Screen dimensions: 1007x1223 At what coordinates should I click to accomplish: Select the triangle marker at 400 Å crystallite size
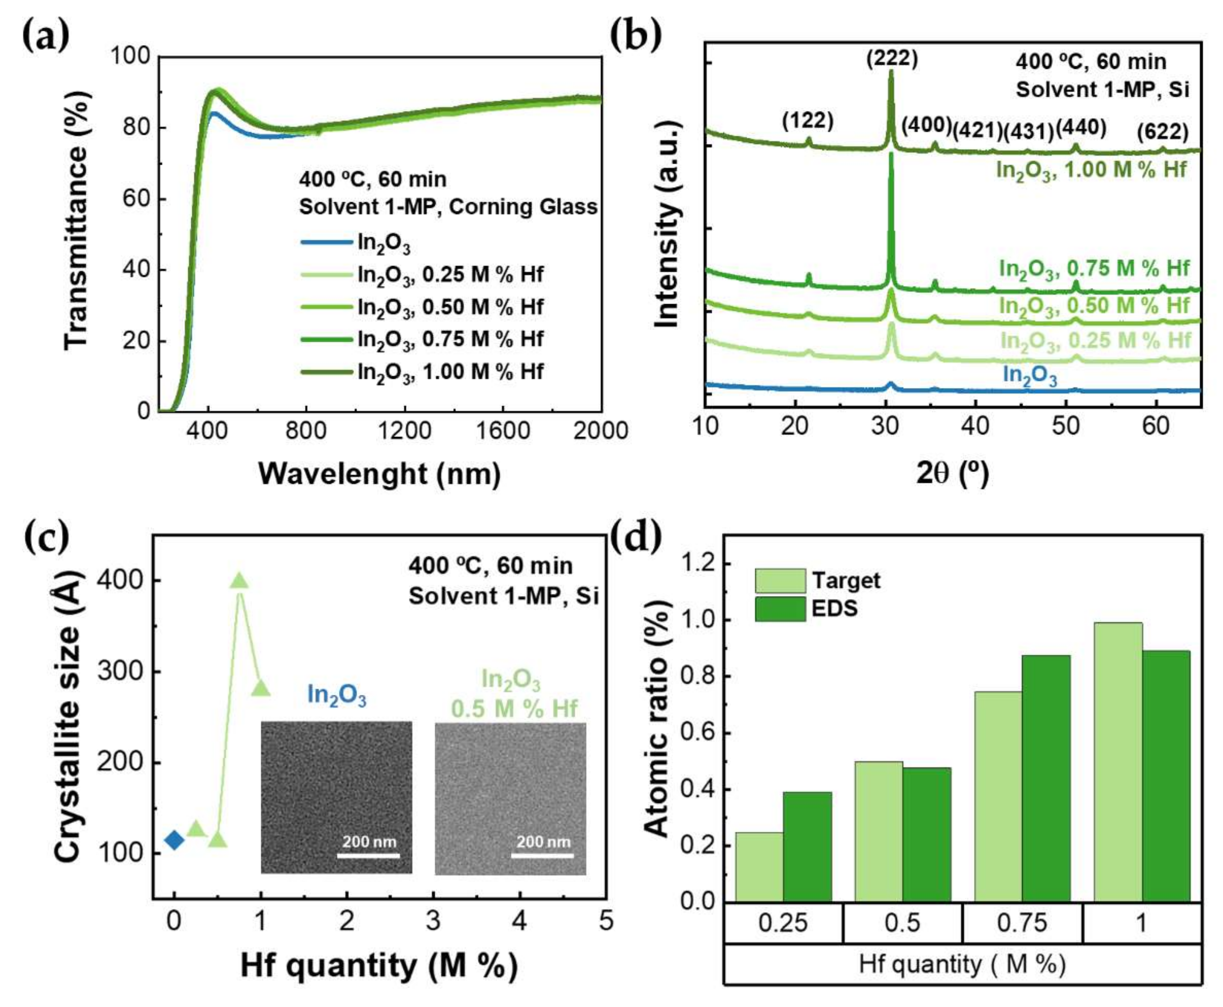(x=239, y=580)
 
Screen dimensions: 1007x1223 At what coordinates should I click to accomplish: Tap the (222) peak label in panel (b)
(x=892, y=59)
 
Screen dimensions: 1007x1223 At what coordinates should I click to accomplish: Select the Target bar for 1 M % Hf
(x=1117, y=762)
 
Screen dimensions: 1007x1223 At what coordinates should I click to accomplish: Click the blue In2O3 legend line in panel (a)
(x=326, y=242)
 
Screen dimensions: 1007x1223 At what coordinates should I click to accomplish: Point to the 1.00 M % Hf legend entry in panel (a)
(x=450, y=371)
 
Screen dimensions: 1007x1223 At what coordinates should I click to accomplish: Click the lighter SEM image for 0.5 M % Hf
(x=510, y=798)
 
